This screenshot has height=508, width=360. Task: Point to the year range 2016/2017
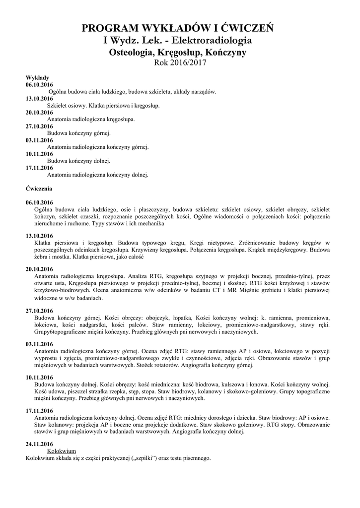pyautogui.click(x=188, y=63)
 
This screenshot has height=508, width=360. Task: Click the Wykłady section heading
pyautogui.click(x=37, y=78)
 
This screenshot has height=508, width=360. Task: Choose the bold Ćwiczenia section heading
pyautogui.click(x=39, y=189)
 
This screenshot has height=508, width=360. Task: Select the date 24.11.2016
pyautogui.click(x=39, y=444)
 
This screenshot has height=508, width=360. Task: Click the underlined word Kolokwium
pyautogui.click(x=61, y=451)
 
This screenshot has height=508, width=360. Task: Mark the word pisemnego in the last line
pyautogui.click(x=196, y=458)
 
